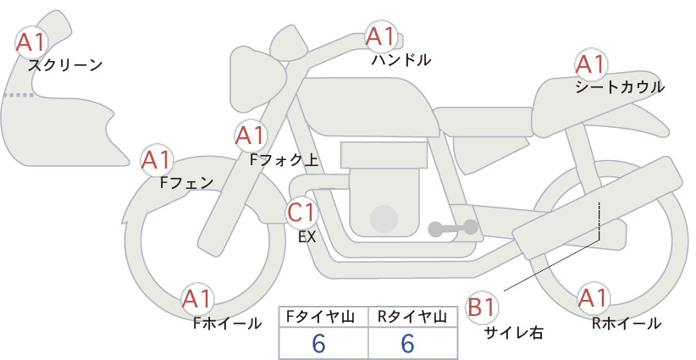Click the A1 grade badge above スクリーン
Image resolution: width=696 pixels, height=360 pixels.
pyautogui.click(x=31, y=42)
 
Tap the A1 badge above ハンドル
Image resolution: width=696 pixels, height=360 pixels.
pyautogui.click(x=381, y=36)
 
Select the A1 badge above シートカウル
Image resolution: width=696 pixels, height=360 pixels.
pyautogui.click(x=591, y=64)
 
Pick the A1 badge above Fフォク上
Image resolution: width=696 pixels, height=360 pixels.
pyautogui.click(x=251, y=136)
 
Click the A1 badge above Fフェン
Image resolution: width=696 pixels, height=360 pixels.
pyautogui.click(x=157, y=160)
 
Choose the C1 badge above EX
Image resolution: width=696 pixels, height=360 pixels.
pyautogui.click(x=301, y=212)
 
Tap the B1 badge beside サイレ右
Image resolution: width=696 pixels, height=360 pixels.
pyautogui.click(x=482, y=307)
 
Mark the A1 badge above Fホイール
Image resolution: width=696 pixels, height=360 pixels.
pyautogui.click(x=197, y=299)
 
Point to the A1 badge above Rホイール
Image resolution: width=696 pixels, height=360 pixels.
pyautogui.click(x=593, y=297)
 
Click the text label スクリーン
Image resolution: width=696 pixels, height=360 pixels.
pyautogui.click(x=65, y=66)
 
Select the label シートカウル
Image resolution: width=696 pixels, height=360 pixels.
pyautogui.click(x=620, y=87)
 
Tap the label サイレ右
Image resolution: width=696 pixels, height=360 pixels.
pyautogui.click(x=514, y=333)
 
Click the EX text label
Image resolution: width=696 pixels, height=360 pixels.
pyautogui.click(x=307, y=237)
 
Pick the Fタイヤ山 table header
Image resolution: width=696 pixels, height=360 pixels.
pyautogui.click(x=320, y=317)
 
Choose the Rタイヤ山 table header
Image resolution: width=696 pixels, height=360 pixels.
pyautogui.click(x=412, y=317)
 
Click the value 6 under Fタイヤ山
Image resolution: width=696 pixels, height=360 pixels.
pyautogui.click(x=318, y=343)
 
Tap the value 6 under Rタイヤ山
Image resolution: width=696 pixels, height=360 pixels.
pyautogui.click(x=407, y=343)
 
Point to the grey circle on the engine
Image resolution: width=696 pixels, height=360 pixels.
pyautogui.click(x=384, y=219)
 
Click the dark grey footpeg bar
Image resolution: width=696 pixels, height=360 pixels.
pyautogui.click(x=453, y=228)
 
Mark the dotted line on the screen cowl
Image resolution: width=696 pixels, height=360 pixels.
pyautogui.click(x=18, y=95)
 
